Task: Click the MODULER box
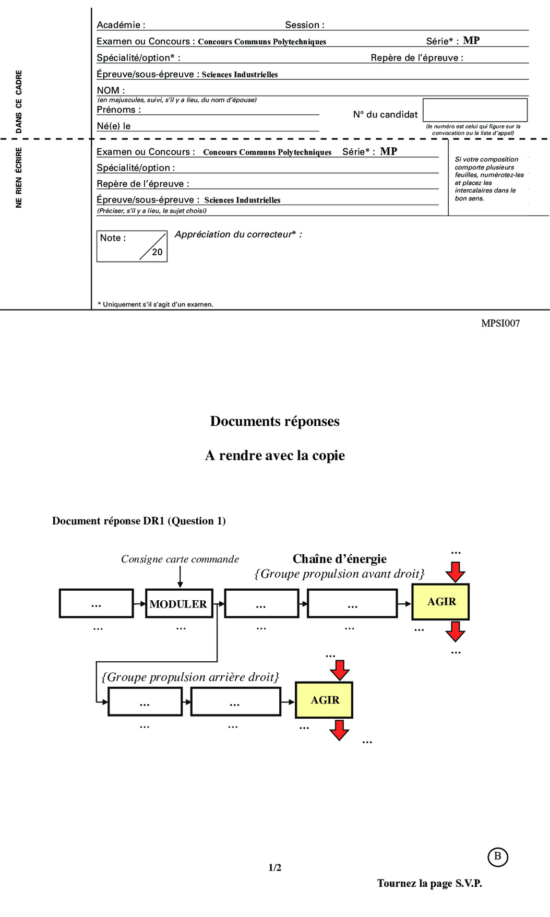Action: click(179, 604)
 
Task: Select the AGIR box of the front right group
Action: click(441, 602)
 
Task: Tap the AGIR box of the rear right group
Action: click(324, 700)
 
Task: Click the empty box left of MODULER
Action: click(97, 604)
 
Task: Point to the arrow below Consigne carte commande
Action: click(180, 577)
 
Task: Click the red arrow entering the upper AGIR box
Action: click(456, 572)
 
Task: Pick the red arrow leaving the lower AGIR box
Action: click(339, 730)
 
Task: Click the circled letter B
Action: click(497, 856)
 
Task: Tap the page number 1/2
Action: click(275, 868)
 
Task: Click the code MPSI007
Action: click(500, 324)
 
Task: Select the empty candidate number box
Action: click(475, 110)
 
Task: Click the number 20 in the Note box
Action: click(157, 252)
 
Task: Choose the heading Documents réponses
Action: click(275, 421)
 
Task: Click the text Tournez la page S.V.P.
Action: click(429, 884)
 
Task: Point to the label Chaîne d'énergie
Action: click(340, 559)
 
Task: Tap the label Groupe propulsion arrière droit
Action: click(190, 677)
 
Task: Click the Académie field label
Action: click(121, 25)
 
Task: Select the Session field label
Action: click(305, 25)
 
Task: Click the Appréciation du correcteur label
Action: click(238, 234)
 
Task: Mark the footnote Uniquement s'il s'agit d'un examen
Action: click(156, 304)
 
